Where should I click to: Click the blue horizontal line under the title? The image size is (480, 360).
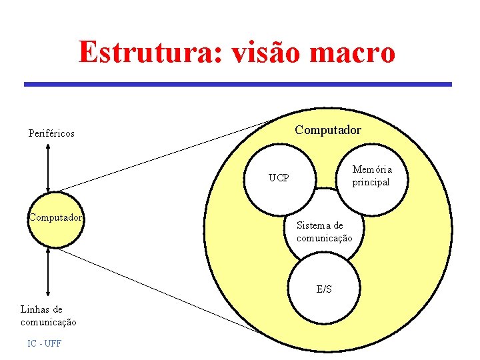pyautogui.click(x=238, y=85)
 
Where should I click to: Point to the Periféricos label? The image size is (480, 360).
pyautogui.click(x=51, y=133)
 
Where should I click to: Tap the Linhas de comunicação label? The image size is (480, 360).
pyautogui.click(x=48, y=315)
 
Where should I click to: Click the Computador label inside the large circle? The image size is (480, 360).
pyautogui.click(x=328, y=129)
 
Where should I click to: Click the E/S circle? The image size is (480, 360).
pyautogui.click(x=324, y=289)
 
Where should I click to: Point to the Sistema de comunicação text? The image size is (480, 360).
pyautogui.click(x=324, y=232)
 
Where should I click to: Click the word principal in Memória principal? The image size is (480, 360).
pyautogui.click(x=371, y=183)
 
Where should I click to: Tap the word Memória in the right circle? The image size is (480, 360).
pyautogui.click(x=372, y=169)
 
